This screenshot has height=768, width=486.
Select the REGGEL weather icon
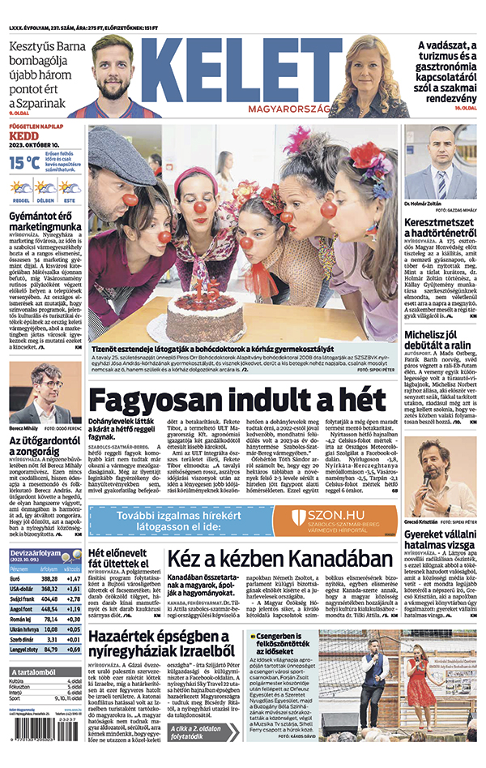pyautogui.click(x=21, y=188)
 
